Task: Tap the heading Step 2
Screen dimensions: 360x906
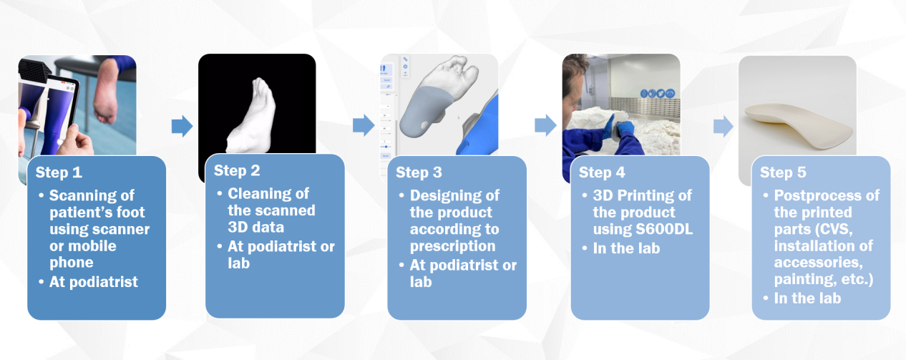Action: point(238,170)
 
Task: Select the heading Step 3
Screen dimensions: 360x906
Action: point(419,172)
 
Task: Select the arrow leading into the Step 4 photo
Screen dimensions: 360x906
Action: point(545,126)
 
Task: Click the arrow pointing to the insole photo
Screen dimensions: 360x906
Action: point(724,127)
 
